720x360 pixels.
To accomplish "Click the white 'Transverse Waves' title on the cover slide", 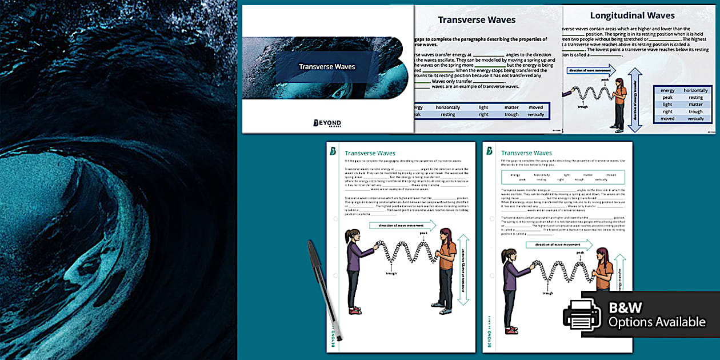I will [x=327, y=67].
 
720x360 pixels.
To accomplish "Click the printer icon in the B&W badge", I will [x=582, y=315].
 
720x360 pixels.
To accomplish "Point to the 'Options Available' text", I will [x=657, y=322].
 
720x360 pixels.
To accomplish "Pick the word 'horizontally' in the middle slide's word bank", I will [x=447, y=107].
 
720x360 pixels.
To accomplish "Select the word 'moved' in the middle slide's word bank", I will [x=535, y=107].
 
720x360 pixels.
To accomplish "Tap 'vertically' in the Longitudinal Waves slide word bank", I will [x=695, y=119].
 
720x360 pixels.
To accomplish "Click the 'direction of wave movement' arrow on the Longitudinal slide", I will [x=591, y=71].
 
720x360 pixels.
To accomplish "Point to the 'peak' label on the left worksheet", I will [x=423, y=233].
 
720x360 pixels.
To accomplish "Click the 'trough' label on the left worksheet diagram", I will [x=391, y=273].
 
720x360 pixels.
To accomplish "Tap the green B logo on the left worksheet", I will [x=334, y=151].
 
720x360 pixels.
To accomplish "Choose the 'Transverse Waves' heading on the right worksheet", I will [x=526, y=153].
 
